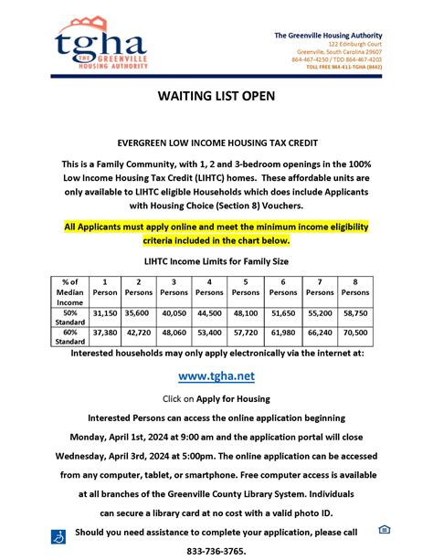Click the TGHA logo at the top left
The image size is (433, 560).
[100, 45]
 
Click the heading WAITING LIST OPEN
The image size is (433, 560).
[216, 96]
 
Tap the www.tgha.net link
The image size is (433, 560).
[216, 375]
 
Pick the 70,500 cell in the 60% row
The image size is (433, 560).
[355, 333]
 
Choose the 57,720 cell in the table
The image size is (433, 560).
[246, 333]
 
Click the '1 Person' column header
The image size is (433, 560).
[105, 286]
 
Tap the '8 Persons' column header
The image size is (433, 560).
[355, 286]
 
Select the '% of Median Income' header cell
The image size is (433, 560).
[66, 291]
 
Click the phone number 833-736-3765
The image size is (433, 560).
[216, 551]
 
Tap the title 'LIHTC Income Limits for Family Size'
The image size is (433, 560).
[216, 261]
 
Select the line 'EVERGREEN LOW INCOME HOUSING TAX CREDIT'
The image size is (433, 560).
[216, 143]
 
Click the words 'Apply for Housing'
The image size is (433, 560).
[240, 399]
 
